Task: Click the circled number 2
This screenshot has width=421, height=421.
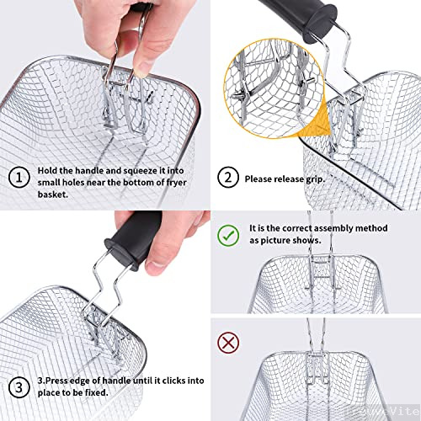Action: point(226,179)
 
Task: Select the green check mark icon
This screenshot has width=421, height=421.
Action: point(226,234)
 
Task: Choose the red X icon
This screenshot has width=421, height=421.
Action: point(226,341)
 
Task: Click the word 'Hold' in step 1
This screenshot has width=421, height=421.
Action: point(49,171)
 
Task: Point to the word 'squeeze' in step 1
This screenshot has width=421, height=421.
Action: point(137,171)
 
